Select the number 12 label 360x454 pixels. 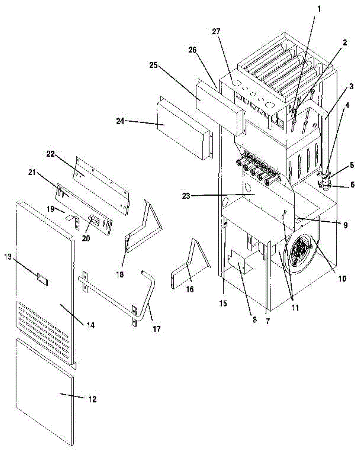(92, 399)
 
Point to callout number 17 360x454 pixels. (156, 329)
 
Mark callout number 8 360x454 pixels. (254, 319)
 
